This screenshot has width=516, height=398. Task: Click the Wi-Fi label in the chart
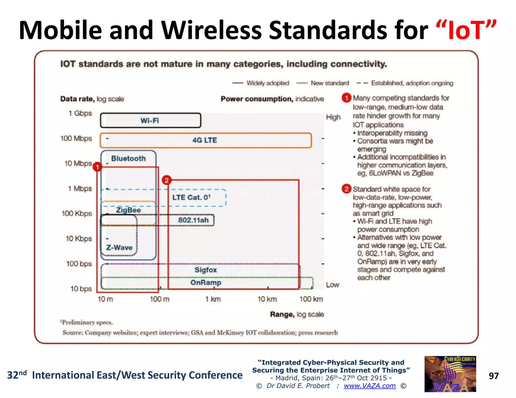coord(150,121)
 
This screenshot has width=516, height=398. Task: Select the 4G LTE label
coord(205,140)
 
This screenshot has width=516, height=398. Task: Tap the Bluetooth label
coord(128,158)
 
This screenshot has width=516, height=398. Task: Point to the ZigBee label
coord(128,210)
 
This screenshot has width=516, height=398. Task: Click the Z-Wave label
coord(119,248)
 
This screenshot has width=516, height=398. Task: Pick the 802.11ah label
coord(193,220)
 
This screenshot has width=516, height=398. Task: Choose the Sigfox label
coord(206,270)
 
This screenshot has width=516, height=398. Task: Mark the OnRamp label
coord(206,283)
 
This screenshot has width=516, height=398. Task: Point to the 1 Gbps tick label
coord(80,113)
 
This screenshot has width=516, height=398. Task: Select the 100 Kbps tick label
coord(77,214)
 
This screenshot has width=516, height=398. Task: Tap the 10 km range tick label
coord(267,299)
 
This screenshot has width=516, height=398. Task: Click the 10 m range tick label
coord(105,299)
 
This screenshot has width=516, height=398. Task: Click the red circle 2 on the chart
coord(167,180)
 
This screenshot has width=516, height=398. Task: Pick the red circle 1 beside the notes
coord(346,98)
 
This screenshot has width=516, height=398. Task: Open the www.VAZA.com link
coord(370,386)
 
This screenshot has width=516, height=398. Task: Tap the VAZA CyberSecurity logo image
coord(450,374)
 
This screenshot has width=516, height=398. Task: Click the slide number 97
coord(494,376)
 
